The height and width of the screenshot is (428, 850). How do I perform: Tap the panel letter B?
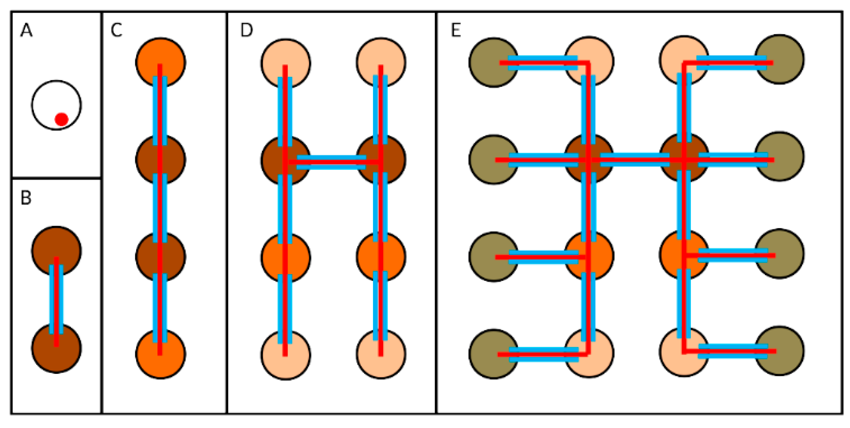coord(26,198)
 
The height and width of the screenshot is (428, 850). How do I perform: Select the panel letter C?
coord(117,30)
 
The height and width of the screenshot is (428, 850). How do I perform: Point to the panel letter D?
coord(247,30)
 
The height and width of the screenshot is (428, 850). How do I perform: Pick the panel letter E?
coord(456,30)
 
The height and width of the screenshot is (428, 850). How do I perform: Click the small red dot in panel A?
coord(61,119)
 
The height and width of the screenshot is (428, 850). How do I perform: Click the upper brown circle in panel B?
coord(56,244)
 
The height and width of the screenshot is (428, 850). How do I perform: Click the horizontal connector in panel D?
coord(332,162)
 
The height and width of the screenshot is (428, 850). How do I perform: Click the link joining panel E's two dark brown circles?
coord(635,160)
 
